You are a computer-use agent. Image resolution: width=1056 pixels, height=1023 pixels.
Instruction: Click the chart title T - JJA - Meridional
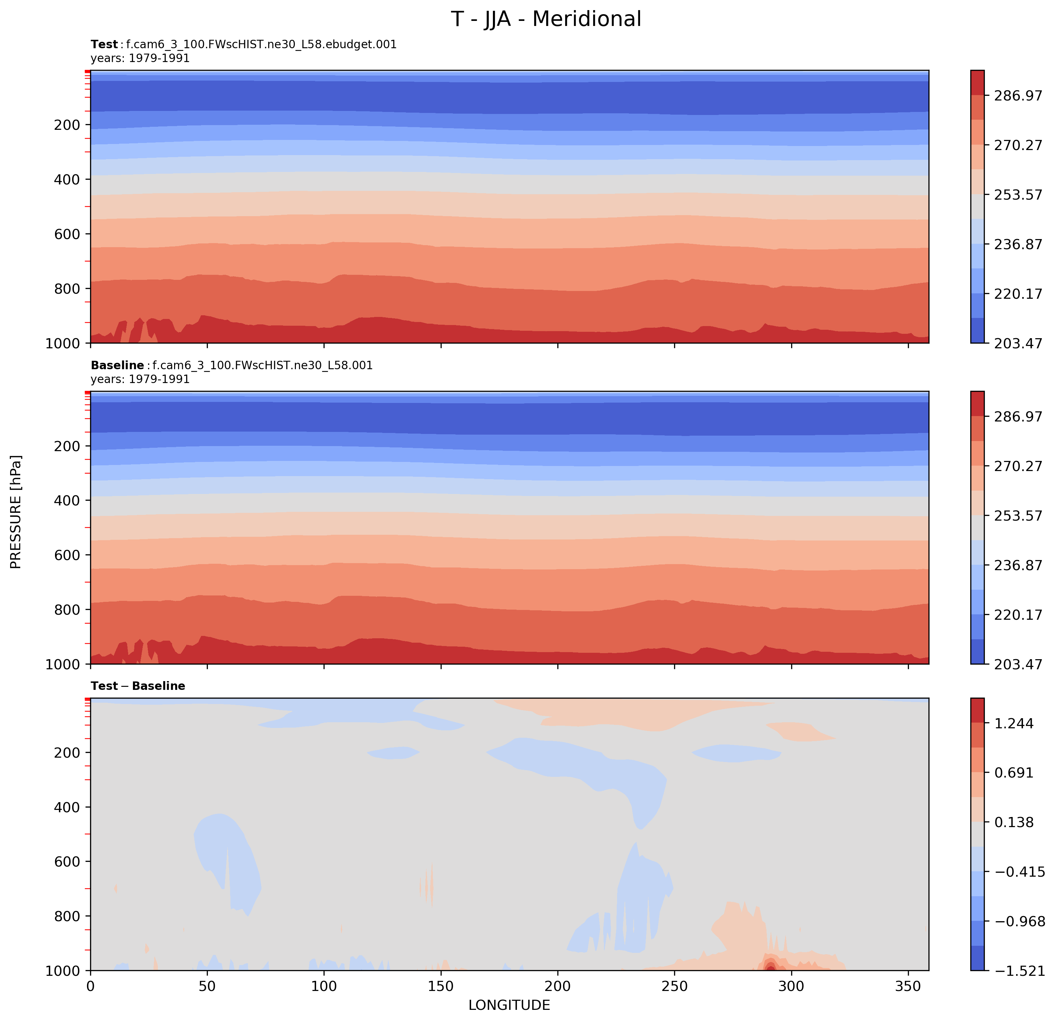[x=546, y=19]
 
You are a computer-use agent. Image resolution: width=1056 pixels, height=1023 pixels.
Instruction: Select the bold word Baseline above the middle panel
[x=117, y=366]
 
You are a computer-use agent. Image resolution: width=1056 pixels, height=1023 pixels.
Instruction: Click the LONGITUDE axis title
[x=509, y=1005]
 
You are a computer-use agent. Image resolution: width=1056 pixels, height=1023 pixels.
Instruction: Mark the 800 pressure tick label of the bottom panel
[x=67, y=916]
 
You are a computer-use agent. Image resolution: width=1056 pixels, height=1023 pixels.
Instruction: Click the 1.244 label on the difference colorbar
[x=1013, y=724]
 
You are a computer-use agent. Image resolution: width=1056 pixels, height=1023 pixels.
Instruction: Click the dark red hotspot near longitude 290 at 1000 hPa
[x=771, y=968]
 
